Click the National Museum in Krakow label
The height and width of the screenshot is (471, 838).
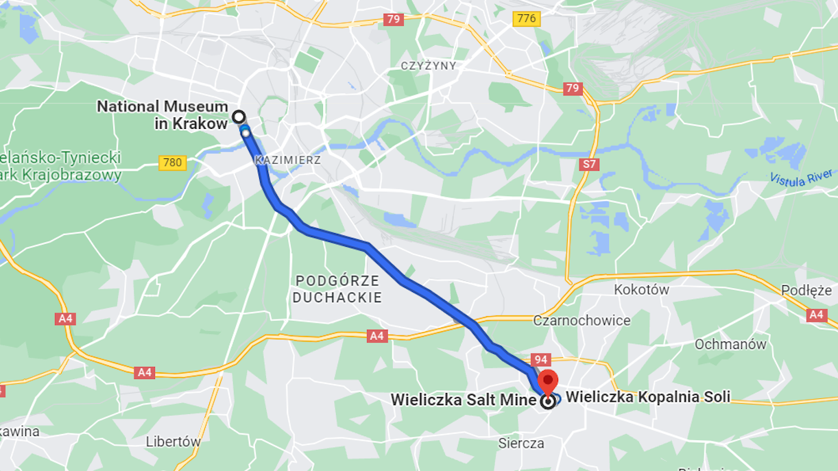tap(162, 115)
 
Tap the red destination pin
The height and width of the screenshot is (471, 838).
tap(548, 382)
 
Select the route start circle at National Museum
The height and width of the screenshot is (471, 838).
tap(239, 117)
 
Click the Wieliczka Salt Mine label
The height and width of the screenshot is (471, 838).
tap(464, 399)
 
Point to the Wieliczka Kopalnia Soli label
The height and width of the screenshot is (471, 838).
tap(647, 396)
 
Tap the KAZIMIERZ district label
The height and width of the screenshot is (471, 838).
tap(287, 160)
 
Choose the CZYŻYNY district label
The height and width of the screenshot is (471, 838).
tap(429, 65)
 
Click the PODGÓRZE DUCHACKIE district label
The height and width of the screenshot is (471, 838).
tap(337, 289)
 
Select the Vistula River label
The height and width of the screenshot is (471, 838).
tap(801, 177)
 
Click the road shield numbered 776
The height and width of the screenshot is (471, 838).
tap(526, 19)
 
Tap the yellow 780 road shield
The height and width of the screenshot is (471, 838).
tap(172, 162)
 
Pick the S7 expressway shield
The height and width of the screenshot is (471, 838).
tap(588, 165)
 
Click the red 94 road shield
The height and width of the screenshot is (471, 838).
tap(540, 360)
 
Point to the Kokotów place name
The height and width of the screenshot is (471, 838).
tap(641, 289)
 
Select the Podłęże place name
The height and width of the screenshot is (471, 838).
tap(806, 291)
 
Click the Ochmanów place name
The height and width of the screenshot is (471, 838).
tap(730, 344)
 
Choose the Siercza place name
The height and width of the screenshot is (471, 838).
tap(521, 443)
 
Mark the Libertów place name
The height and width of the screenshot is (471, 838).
tap(173, 442)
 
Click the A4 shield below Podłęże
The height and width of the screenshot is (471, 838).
tap(816, 315)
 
